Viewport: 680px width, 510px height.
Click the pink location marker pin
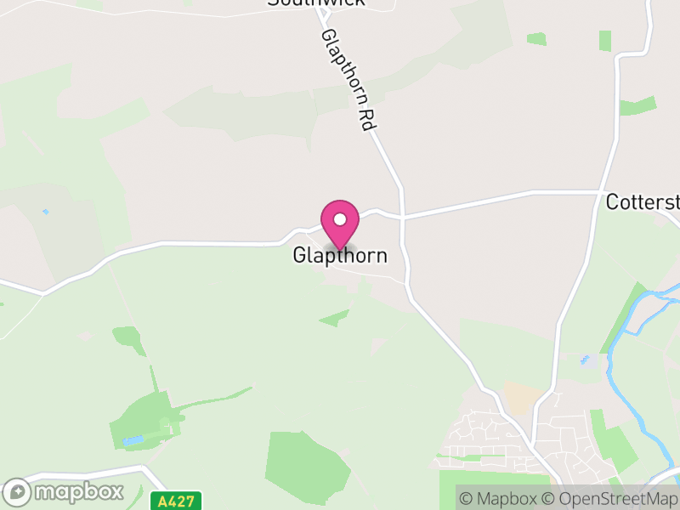(x=340, y=224)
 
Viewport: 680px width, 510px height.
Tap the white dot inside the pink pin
(x=340, y=219)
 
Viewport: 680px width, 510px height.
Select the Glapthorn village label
(x=340, y=255)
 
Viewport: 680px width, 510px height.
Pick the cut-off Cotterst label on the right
(x=643, y=202)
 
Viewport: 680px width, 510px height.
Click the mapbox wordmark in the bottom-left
(x=78, y=491)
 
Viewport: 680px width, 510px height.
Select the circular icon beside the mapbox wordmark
(x=18, y=492)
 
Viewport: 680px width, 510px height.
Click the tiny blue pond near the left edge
(x=45, y=212)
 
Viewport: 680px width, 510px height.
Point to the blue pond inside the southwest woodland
(x=133, y=440)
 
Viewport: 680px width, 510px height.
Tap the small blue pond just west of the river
(x=584, y=360)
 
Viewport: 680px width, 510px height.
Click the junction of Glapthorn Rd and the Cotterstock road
(x=401, y=214)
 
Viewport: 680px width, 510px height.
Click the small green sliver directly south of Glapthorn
(x=334, y=319)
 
